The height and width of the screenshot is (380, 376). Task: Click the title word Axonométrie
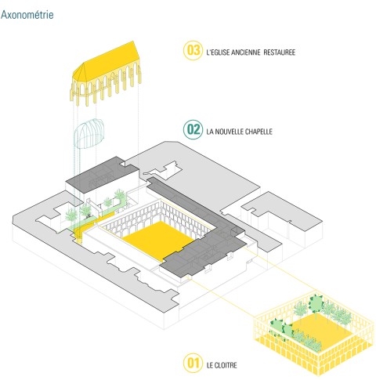27,15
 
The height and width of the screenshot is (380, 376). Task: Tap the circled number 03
193,51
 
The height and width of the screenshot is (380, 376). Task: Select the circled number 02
193,129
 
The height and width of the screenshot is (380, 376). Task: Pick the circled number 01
193,363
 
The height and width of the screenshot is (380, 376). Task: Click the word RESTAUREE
280,52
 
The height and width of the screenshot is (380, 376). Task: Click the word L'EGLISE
218,52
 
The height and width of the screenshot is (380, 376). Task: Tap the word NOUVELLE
229,132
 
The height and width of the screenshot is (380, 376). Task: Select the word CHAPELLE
258,132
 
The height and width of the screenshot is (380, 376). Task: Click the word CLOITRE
226,365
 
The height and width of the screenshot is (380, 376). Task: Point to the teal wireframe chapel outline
89,134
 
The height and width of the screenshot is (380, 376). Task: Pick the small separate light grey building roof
282,211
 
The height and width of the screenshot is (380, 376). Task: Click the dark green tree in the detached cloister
316,303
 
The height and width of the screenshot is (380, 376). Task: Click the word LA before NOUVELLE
210,132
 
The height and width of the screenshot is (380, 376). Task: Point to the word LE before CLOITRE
210,365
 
